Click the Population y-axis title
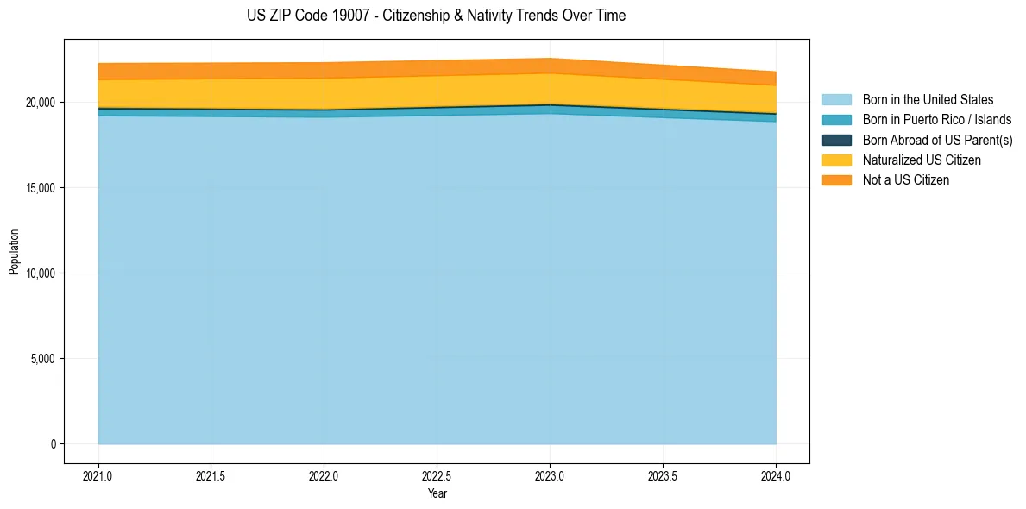coord(14,252)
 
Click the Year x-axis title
coord(437,493)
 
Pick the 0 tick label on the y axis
coord(53,444)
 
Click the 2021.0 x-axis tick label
coord(98,475)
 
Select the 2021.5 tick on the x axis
coord(211,475)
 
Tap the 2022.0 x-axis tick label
coord(324,475)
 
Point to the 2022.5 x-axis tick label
coord(437,475)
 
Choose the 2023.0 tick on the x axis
coord(550,475)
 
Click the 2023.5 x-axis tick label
coord(663,475)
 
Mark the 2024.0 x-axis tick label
coord(776,475)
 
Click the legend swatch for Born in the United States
coord(836,100)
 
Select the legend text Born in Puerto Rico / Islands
coord(937,120)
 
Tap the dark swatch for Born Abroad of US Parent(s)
coord(836,140)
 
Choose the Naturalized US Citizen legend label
coord(922,160)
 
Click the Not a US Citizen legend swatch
coord(836,180)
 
